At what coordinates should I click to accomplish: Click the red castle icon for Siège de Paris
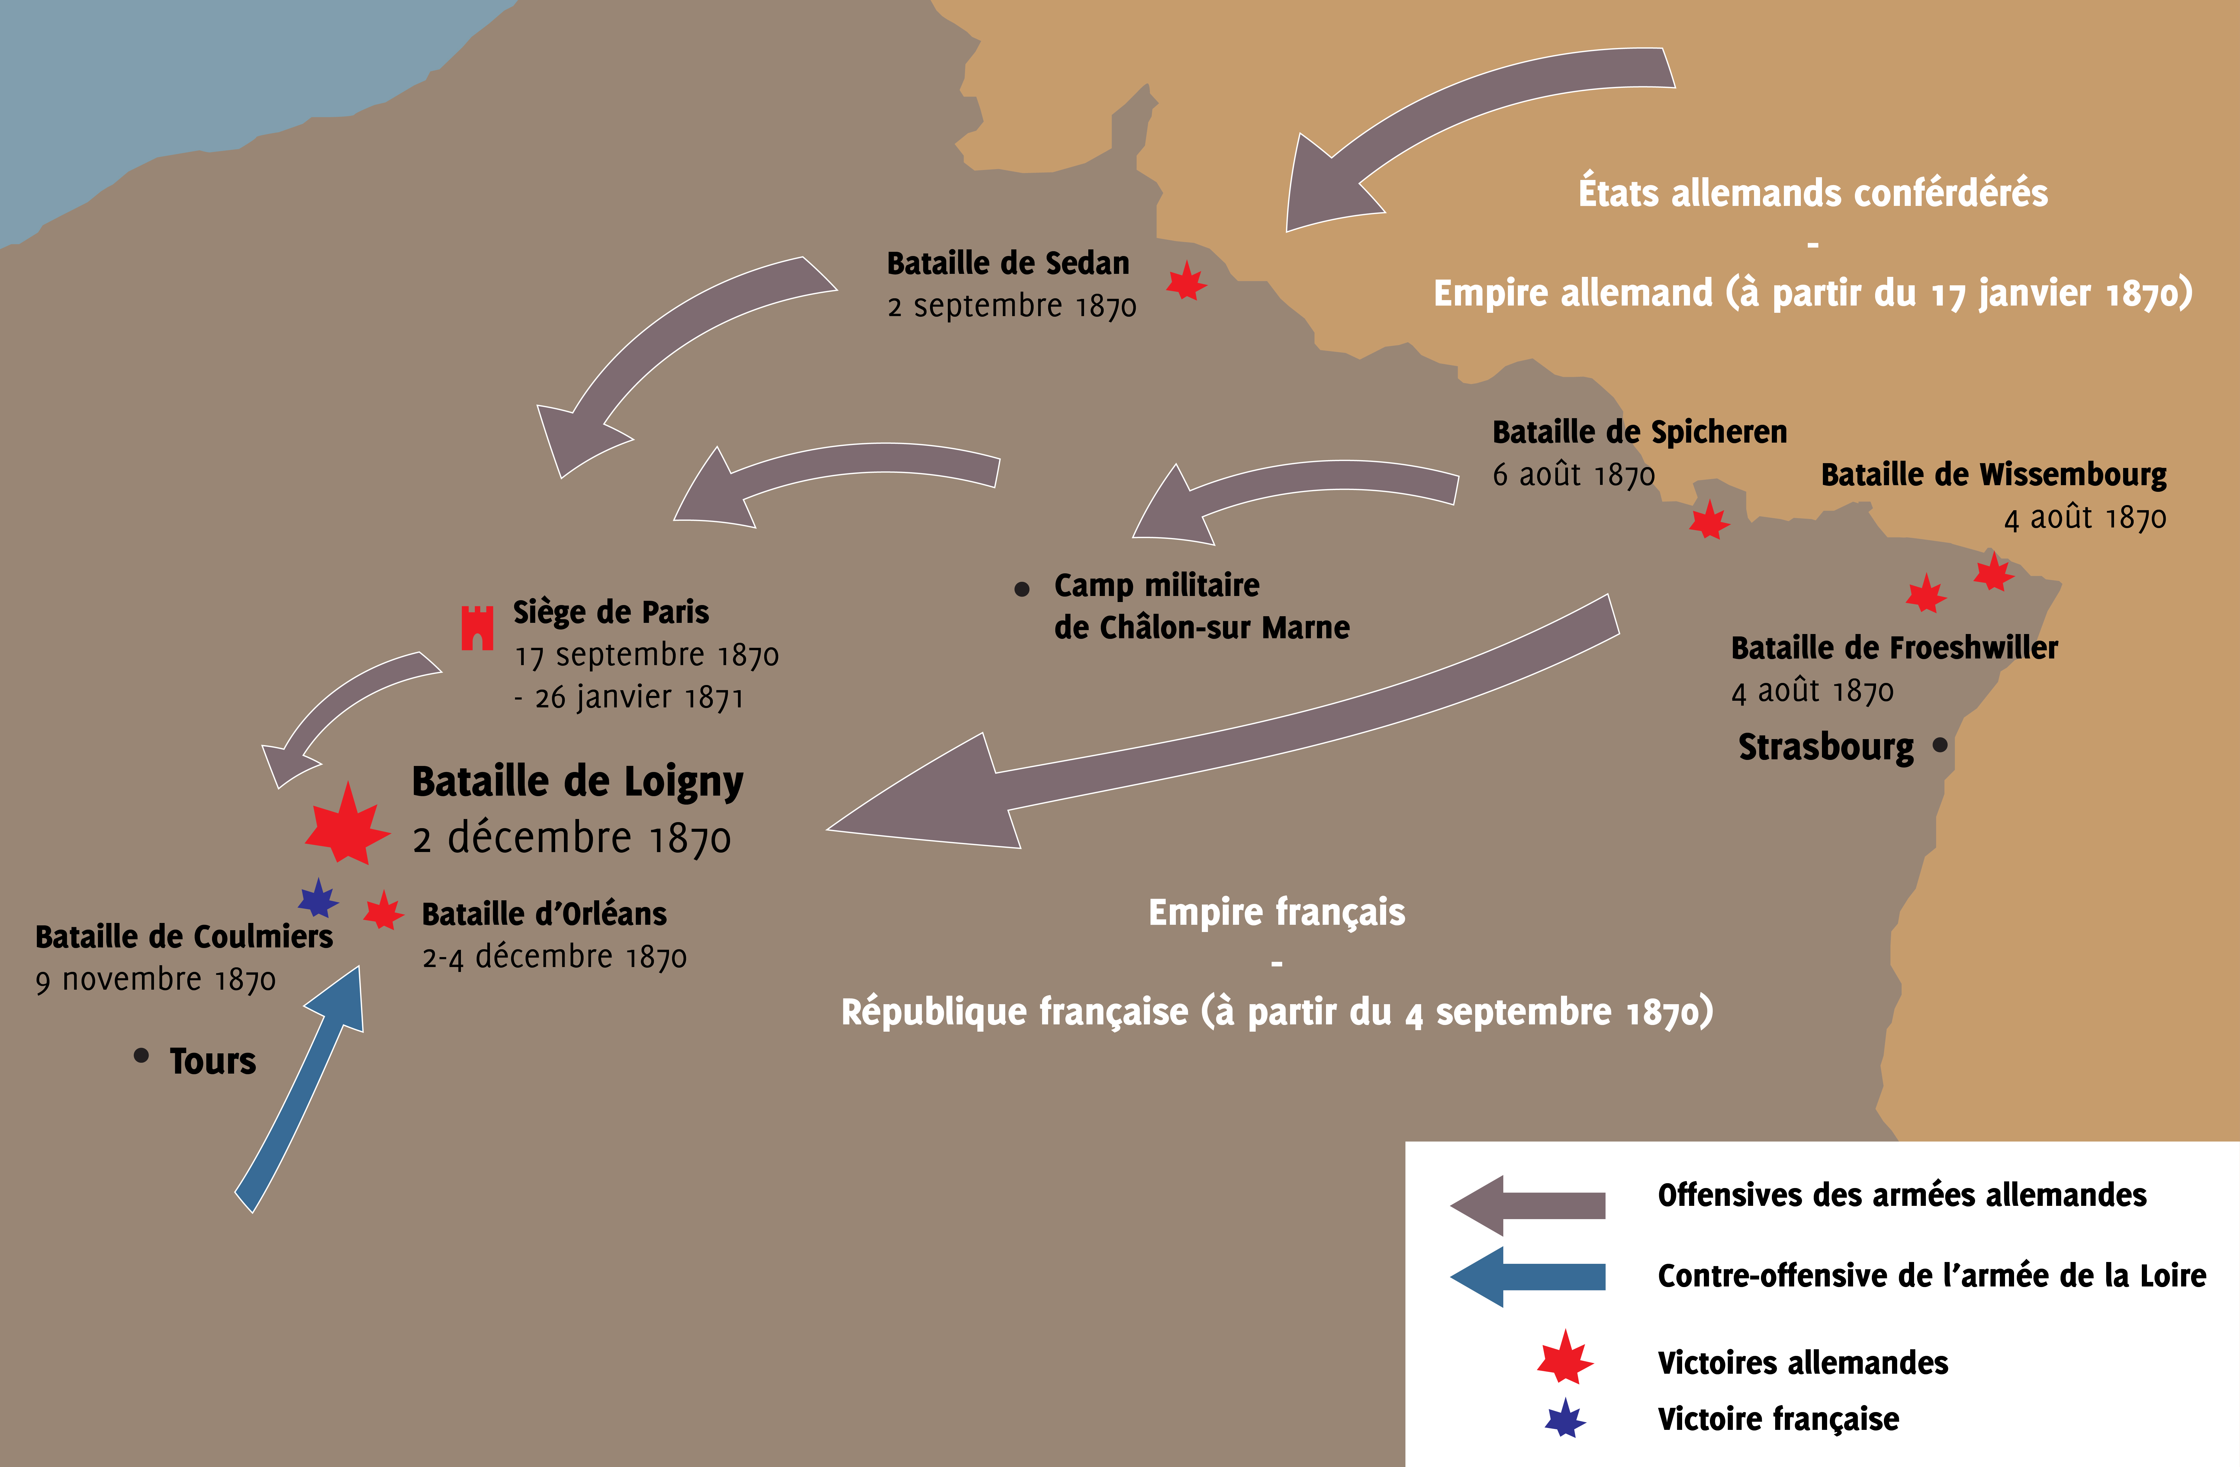click(x=477, y=628)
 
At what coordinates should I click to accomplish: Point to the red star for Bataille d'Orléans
click(x=384, y=911)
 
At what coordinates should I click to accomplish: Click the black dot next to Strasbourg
click(x=1940, y=745)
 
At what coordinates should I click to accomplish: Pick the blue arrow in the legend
click(x=1527, y=1277)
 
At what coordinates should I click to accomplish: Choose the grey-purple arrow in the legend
click(x=1527, y=1206)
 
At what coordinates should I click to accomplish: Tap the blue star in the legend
click(x=1565, y=1418)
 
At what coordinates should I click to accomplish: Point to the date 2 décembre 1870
click(x=571, y=838)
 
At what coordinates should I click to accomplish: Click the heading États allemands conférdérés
click(x=1813, y=193)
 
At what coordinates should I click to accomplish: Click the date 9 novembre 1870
click(x=155, y=981)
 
